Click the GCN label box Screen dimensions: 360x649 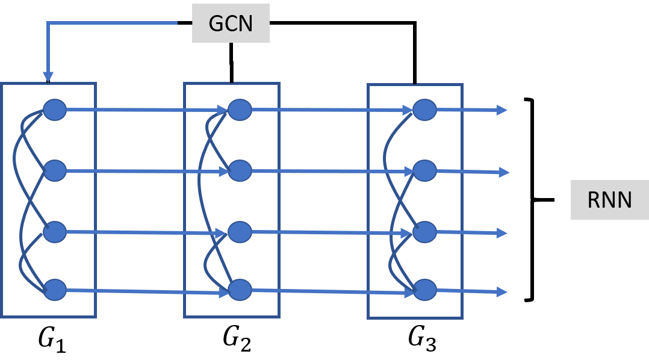tap(231, 23)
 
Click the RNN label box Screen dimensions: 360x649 tap(609, 200)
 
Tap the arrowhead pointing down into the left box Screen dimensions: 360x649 tap(48, 76)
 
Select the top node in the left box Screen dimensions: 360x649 tap(55, 110)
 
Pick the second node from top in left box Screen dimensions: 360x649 tap(55, 171)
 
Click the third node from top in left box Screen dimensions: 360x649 tap(55, 232)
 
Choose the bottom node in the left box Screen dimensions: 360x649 tap(55, 290)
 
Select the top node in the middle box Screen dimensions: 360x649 tap(240, 110)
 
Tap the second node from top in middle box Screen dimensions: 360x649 tap(240, 171)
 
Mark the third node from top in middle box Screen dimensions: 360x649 tap(240, 232)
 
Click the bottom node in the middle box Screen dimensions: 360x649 tap(240, 290)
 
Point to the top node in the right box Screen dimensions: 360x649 tap(424, 110)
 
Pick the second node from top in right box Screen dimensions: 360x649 tap(424, 171)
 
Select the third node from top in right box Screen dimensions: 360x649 tap(424, 232)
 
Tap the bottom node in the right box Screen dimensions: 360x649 tap(424, 290)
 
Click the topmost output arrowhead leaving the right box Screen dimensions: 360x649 tap(502, 110)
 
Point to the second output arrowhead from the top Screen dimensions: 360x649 tap(504, 173)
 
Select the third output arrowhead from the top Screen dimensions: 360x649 tap(502, 233)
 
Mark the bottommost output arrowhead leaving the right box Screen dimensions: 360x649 tap(502, 292)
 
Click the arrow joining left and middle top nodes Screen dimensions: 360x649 tap(144, 110)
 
